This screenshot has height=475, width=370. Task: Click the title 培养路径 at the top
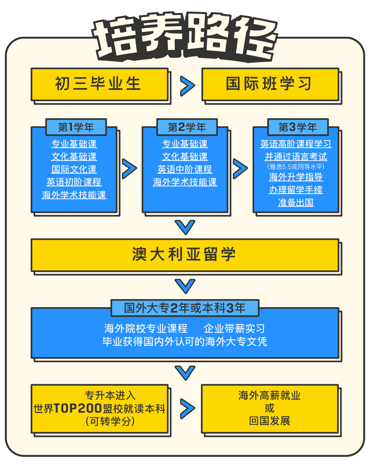coord(185,38)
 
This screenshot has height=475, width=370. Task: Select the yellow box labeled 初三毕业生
coord(99,84)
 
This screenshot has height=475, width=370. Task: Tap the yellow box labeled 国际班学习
coord(270,84)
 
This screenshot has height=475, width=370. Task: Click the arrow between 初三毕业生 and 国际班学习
coord(187,86)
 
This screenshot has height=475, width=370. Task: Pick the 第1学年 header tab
coord(76,127)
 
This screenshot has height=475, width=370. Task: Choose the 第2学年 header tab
coord(187,127)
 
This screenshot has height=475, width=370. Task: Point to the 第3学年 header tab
coord(298,127)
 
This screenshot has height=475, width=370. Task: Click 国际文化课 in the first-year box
coord(74,169)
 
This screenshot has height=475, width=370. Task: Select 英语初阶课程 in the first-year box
coord(74,182)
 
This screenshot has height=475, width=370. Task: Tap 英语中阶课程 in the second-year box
coord(185,169)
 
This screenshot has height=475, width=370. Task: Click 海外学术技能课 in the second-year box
coord(185,182)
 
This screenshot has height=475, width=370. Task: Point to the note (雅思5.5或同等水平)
coord(296,167)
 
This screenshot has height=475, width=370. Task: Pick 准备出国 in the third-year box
coord(296,203)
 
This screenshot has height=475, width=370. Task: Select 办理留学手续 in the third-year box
coord(296,190)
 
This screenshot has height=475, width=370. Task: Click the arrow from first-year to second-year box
coord(129,169)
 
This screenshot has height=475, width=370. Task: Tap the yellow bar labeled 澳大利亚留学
coord(185,255)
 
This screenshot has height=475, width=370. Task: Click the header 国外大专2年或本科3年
coord(185,308)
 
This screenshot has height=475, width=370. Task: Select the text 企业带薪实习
coord(234,329)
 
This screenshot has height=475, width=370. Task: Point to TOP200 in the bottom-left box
coord(78,409)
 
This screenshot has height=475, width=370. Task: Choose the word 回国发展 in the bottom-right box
coord(270,421)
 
